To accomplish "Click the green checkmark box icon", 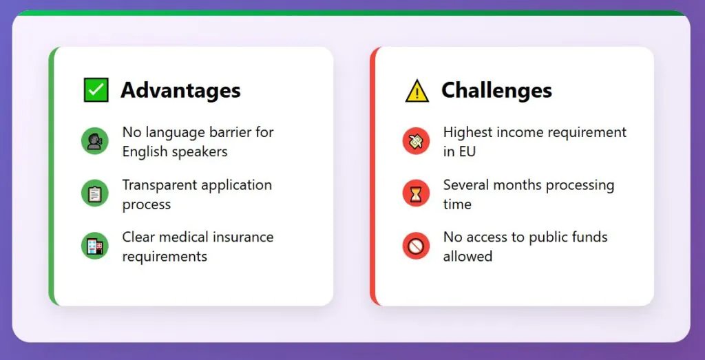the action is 96,90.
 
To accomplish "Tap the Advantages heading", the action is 181,90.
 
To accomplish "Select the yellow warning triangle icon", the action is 417,90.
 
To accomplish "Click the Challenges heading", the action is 496,90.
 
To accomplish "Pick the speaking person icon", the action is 95,141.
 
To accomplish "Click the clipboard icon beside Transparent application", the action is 95,193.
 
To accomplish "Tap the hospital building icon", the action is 95,246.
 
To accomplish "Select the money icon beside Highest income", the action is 416,141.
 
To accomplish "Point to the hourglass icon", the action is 416,193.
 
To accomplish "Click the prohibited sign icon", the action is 416,246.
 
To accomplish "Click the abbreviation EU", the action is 466,151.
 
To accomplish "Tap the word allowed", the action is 467,256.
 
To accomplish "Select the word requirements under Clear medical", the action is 165,257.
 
